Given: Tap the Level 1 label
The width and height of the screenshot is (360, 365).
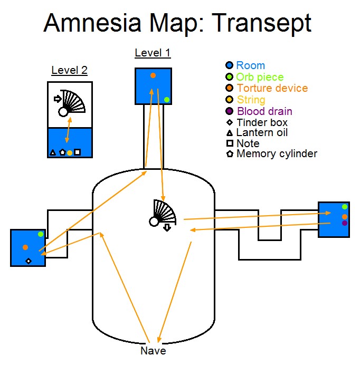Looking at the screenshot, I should click(153, 53).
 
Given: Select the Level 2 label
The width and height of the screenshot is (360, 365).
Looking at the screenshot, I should click(69, 70).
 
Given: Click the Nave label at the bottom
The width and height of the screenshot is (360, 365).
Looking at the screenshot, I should click(153, 351).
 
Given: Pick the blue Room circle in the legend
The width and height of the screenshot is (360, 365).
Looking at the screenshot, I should click(229, 65).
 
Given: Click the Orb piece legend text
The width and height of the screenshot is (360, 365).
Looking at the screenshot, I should click(260, 77).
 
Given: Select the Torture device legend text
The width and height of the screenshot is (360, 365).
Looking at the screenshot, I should click(272, 89).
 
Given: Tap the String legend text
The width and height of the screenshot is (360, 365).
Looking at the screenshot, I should click(251, 100).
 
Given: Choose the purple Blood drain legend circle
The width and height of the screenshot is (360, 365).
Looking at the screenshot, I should click(229, 111).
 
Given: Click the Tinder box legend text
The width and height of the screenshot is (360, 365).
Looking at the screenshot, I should click(262, 122).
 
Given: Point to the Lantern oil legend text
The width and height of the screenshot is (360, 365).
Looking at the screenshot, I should click(262, 133).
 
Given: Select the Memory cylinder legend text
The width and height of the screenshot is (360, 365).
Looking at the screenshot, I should click(277, 154).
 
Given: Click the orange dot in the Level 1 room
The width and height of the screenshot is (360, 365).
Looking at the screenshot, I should click(153, 75).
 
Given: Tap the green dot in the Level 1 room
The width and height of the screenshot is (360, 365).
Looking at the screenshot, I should click(167, 99).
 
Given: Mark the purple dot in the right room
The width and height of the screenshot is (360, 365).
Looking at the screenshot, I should click(345, 223).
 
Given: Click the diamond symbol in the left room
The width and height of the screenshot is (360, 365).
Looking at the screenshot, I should click(29, 261).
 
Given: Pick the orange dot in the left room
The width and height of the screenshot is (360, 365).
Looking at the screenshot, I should click(25, 247).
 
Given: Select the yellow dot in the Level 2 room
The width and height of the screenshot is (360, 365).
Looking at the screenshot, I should click(69, 153).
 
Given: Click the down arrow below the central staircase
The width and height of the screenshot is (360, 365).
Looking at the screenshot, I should click(167, 227).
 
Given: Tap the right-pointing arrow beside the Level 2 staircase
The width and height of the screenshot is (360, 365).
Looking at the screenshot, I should click(58, 98).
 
